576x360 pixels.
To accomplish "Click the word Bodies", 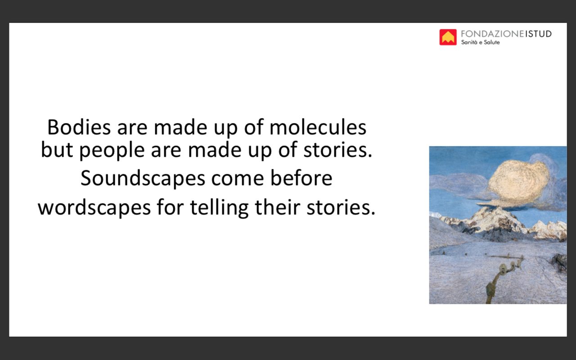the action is click(x=79, y=127).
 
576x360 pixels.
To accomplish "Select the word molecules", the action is click(x=318, y=127).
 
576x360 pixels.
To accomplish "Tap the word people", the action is click(x=112, y=150).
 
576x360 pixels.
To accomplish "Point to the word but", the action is click(x=57, y=149).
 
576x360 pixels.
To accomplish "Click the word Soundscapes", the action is click(x=143, y=178).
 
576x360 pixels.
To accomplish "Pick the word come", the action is click(x=238, y=179).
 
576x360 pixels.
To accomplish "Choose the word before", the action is click(x=301, y=177).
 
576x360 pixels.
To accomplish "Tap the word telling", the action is click(x=219, y=207).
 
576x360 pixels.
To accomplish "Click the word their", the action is click(x=278, y=207).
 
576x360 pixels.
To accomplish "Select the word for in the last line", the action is click(x=171, y=207).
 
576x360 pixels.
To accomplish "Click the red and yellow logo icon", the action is click(x=448, y=37).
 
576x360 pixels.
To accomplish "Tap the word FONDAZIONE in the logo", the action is click(x=492, y=34).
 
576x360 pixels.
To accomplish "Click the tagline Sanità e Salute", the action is click(x=480, y=42).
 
